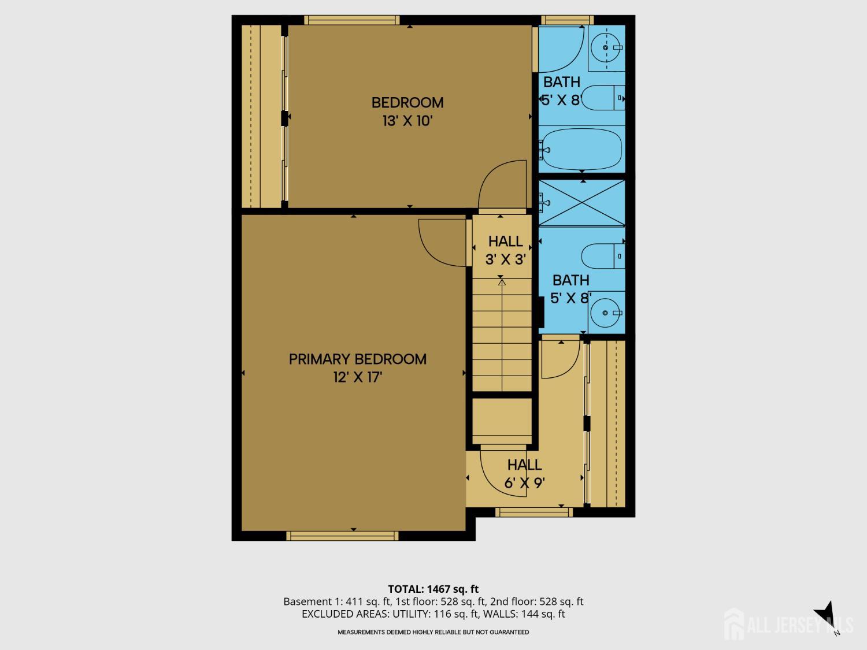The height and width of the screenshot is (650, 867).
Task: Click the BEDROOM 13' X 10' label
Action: pyautogui.click(x=407, y=112)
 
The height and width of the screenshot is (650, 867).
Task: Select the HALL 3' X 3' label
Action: pyautogui.click(x=506, y=250)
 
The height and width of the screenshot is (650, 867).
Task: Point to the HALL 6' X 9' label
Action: pyautogui.click(x=525, y=474)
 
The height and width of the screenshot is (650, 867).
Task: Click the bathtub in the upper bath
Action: pyautogui.click(x=582, y=149)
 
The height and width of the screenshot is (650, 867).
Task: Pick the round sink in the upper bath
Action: pyautogui.click(x=606, y=48)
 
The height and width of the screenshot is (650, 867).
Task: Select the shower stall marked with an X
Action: pyautogui.click(x=582, y=203)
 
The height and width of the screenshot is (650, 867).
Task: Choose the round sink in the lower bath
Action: pyautogui.click(x=605, y=313)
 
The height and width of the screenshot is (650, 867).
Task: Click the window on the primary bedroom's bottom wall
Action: pyautogui.click(x=342, y=536)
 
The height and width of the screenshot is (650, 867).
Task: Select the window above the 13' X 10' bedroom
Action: pyautogui.click(x=352, y=20)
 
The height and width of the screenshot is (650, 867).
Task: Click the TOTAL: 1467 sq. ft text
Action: pyautogui.click(x=433, y=589)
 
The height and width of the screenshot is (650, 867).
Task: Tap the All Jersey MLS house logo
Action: pyautogui.click(x=734, y=624)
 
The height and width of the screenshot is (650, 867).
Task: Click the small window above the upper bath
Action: pyautogui.click(x=567, y=20)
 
